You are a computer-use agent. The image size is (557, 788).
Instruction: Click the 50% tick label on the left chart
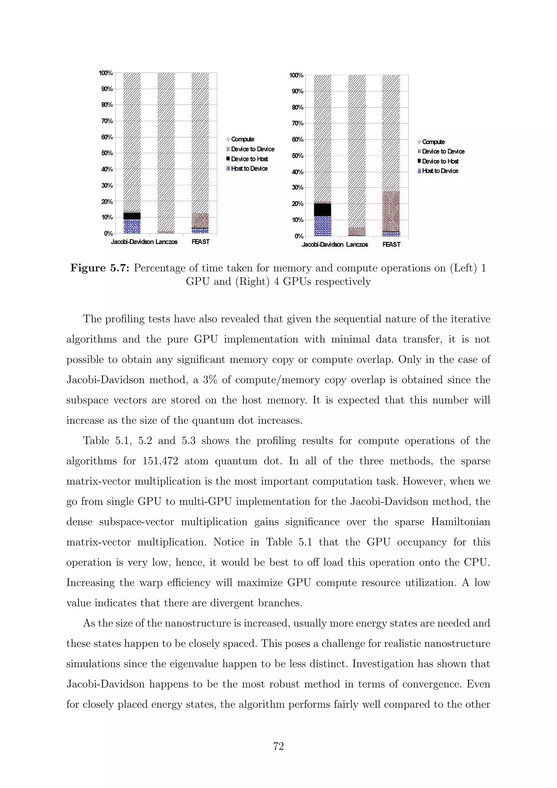pyautogui.click(x=107, y=153)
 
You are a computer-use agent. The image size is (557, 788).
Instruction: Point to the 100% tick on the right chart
pyautogui.click(x=296, y=75)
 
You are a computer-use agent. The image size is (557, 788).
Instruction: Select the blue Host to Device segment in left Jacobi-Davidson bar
pyautogui.click(x=132, y=226)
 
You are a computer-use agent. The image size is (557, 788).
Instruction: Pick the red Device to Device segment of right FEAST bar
pyautogui.click(x=391, y=211)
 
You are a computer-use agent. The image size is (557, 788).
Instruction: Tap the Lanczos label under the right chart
pyautogui.click(x=357, y=244)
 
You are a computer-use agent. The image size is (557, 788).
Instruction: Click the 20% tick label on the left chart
pyautogui.click(x=107, y=201)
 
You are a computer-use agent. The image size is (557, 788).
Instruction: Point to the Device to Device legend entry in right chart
pyautogui.click(x=443, y=151)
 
